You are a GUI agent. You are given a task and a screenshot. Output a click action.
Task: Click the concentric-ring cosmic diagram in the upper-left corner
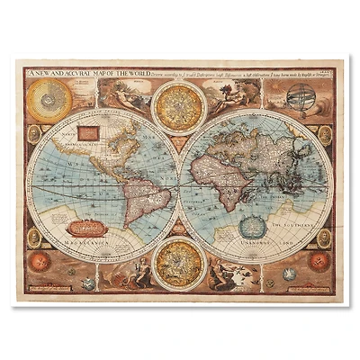click(52, 99)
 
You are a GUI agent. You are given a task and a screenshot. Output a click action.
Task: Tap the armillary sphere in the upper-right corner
click(304, 96)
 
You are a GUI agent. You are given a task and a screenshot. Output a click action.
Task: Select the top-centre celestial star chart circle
click(177, 105)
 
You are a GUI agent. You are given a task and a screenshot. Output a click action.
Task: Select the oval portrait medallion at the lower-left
click(33, 238)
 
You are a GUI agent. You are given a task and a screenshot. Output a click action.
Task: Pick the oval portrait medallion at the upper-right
click(325, 135)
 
